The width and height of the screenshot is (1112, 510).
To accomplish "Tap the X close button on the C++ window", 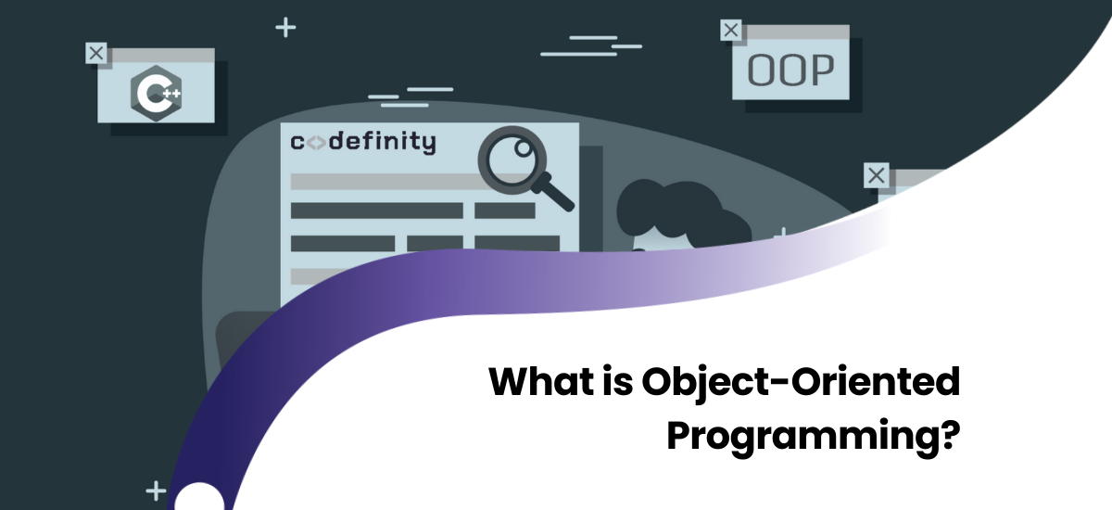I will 96,53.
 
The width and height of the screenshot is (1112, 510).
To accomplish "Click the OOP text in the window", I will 790,70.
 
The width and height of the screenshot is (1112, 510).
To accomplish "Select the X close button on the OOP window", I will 731,31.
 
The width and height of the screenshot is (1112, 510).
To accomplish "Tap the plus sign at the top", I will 285,28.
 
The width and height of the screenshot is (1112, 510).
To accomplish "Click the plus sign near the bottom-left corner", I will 156,491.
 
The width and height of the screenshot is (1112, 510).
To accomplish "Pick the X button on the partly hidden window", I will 876,175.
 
